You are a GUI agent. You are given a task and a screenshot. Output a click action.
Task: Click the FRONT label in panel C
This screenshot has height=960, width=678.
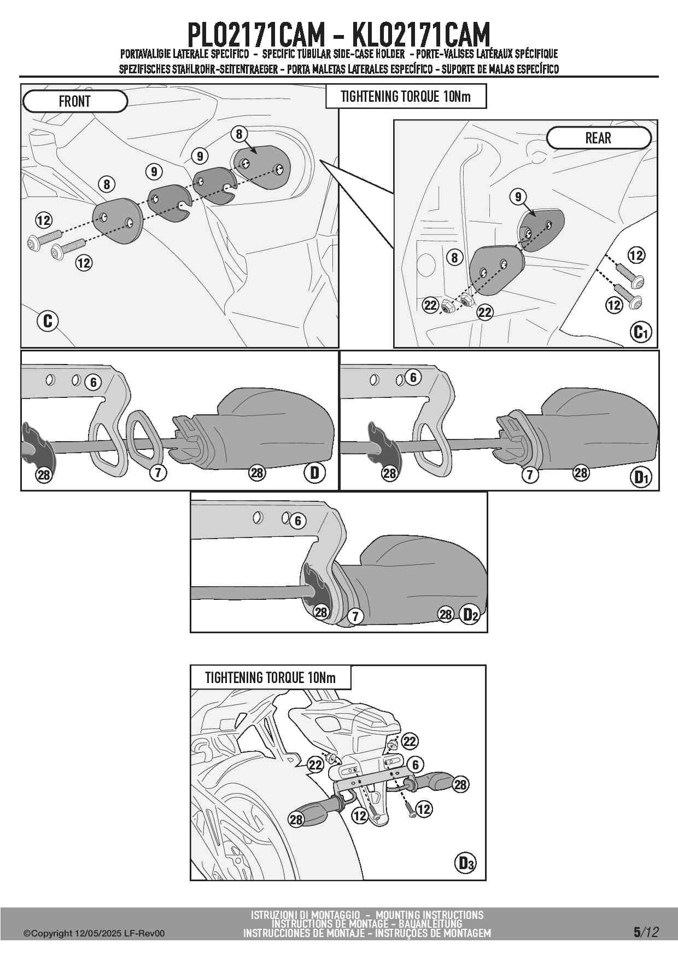click(75, 101)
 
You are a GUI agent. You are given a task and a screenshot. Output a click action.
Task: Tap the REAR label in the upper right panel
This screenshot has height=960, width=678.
click(599, 138)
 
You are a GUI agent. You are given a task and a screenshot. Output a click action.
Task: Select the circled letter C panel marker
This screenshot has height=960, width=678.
click(48, 321)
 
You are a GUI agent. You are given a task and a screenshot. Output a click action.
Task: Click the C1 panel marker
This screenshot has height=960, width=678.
click(640, 332)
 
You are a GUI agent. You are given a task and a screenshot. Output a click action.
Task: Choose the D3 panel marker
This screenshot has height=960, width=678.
click(465, 864)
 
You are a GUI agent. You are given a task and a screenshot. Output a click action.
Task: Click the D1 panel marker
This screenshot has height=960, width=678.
click(641, 477)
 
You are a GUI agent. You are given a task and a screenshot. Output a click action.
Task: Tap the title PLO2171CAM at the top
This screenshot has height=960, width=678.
click(256, 35)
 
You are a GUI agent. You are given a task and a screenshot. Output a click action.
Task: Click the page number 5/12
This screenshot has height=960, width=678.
click(646, 932)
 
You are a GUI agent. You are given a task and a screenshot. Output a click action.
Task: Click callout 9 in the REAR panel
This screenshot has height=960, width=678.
click(518, 196)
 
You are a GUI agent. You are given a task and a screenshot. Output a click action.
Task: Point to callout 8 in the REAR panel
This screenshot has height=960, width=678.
click(455, 257)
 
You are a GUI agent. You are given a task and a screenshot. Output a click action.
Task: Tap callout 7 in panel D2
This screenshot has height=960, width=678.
click(355, 616)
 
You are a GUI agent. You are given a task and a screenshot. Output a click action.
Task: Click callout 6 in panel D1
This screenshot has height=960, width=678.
click(413, 377)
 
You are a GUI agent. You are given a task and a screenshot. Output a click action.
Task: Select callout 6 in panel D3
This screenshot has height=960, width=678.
click(416, 765)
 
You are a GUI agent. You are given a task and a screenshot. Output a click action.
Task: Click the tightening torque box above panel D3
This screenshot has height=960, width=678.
click(271, 678)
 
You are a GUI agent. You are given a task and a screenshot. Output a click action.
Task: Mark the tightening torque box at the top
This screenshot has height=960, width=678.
click(406, 96)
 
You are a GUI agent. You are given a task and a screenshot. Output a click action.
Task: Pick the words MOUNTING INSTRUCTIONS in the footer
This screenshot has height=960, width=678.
click(430, 915)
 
